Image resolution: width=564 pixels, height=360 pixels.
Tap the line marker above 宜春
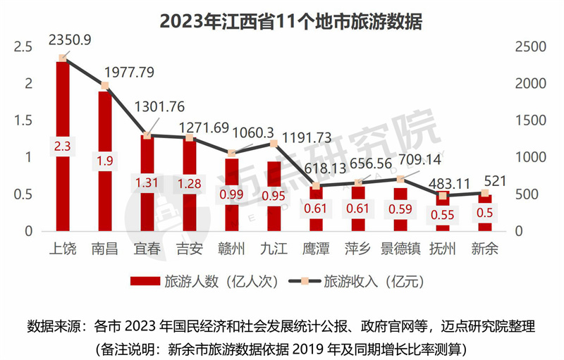[x=147, y=135]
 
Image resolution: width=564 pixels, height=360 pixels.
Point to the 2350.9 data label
[x=69, y=41]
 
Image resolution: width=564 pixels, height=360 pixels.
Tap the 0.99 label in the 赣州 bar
[x=231, y=195]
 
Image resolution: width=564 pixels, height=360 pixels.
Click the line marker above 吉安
[x=189, y=138]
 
